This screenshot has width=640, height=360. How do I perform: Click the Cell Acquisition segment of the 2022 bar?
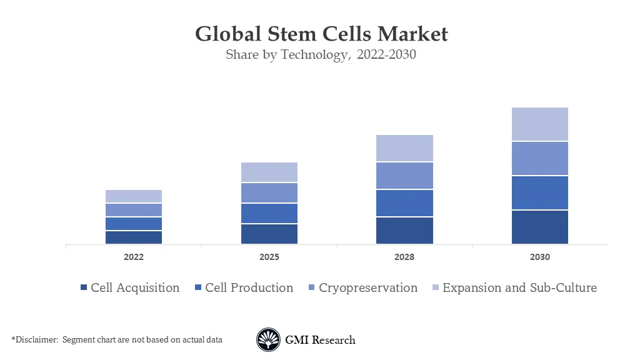134,237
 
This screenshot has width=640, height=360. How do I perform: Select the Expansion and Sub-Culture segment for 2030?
539,124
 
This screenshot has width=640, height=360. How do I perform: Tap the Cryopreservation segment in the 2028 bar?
404,176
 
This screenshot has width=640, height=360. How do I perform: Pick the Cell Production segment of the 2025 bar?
269,213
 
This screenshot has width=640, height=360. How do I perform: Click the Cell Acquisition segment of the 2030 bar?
539,227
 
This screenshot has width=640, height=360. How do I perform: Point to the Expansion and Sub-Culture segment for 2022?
134,196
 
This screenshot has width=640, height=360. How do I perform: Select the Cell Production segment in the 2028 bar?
404,203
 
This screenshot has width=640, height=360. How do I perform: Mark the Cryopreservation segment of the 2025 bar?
269,193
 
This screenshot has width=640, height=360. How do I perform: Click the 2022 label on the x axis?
134,257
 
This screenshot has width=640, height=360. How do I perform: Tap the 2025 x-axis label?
269,257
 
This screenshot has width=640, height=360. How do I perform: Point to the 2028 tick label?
404,257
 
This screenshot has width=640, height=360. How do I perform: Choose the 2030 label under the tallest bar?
539,257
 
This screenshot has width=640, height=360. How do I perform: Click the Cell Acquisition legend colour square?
84,288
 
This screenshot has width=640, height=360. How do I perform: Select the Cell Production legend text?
249,287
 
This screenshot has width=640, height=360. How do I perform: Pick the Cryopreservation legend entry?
367,287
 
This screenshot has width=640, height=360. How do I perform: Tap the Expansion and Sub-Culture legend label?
519,287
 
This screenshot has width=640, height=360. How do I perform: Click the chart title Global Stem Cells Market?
321,34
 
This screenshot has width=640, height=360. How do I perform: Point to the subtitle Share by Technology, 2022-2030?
321,55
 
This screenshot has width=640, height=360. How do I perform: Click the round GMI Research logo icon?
269,340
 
